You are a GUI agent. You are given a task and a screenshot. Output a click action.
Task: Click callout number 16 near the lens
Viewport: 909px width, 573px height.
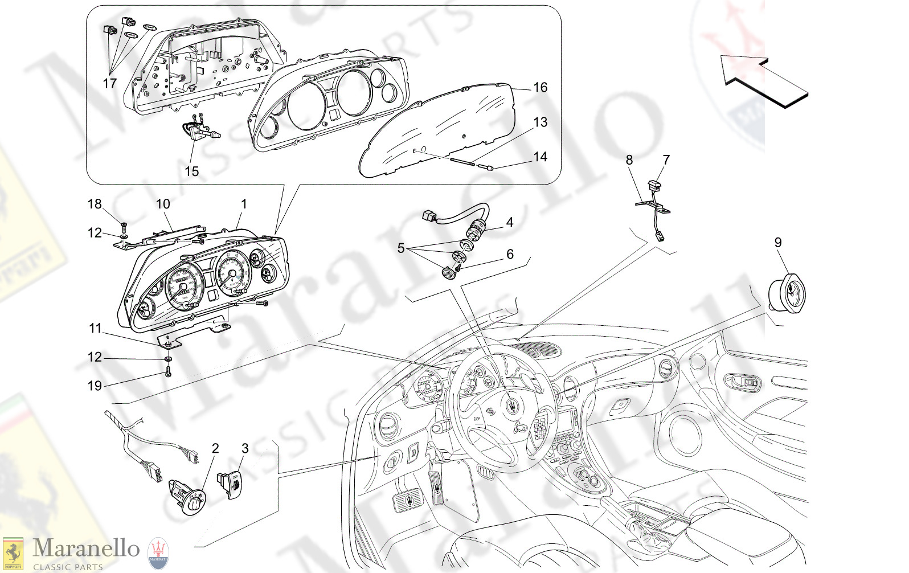[x=540, y=87]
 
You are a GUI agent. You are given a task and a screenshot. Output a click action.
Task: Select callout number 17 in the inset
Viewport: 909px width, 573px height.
[x=109, y=83]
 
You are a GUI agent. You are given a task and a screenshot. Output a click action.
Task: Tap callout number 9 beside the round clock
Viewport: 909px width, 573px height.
[x=778, y=242]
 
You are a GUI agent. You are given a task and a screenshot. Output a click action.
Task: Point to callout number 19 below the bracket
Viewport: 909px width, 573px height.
[x=95, y=386]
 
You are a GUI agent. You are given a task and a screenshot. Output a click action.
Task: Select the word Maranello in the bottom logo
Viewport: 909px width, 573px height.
[x=86, y=548]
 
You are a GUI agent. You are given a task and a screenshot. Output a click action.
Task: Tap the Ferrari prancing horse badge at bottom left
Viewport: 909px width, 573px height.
[x=13, y=552]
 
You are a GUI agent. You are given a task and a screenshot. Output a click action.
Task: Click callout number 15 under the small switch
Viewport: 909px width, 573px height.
[x=191, y=171]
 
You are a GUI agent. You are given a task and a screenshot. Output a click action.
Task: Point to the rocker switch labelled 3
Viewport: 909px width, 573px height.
[x=231, y=485]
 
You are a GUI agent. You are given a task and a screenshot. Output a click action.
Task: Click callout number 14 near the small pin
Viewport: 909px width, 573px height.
[x=540, y=157]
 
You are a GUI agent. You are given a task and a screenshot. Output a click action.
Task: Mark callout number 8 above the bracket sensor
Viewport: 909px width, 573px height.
[x=629, y=160]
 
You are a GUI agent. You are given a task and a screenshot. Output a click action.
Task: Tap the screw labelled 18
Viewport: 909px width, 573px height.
[x=124, y=226]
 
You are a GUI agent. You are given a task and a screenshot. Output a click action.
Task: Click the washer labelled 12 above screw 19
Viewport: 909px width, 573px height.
[x=169, y=359]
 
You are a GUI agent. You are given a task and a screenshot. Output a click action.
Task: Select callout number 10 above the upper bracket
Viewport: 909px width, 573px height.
[x=163, y=204]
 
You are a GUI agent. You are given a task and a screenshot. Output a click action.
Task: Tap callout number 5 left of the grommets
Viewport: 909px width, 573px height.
[x=401, y=248]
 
